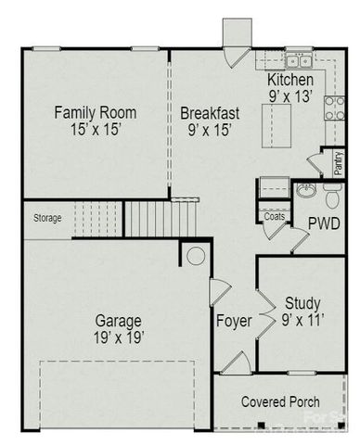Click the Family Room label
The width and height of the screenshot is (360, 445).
click(x=95, y=112)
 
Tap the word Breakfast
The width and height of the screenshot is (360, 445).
click(x=210, y=113)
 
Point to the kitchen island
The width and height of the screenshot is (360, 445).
click(x=277, y=120)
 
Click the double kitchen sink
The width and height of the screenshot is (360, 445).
click(x=298, y=61)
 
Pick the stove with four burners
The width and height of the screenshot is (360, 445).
click(x=333, y=108)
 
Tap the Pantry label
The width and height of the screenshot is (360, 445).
click(x=338, y=162)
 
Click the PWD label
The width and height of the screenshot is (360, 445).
click(x=324, y=223)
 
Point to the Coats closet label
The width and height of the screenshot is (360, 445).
click(x=274, y=215)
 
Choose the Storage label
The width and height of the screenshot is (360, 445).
click(x=47, y=219)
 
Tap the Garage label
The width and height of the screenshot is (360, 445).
click(x=118, y=321)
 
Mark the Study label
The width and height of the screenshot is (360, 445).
click(x=302, y=301)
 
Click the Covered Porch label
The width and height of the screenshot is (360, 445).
click(x=280, y=402)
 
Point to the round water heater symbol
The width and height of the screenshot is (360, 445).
click(x=195, y=256)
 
